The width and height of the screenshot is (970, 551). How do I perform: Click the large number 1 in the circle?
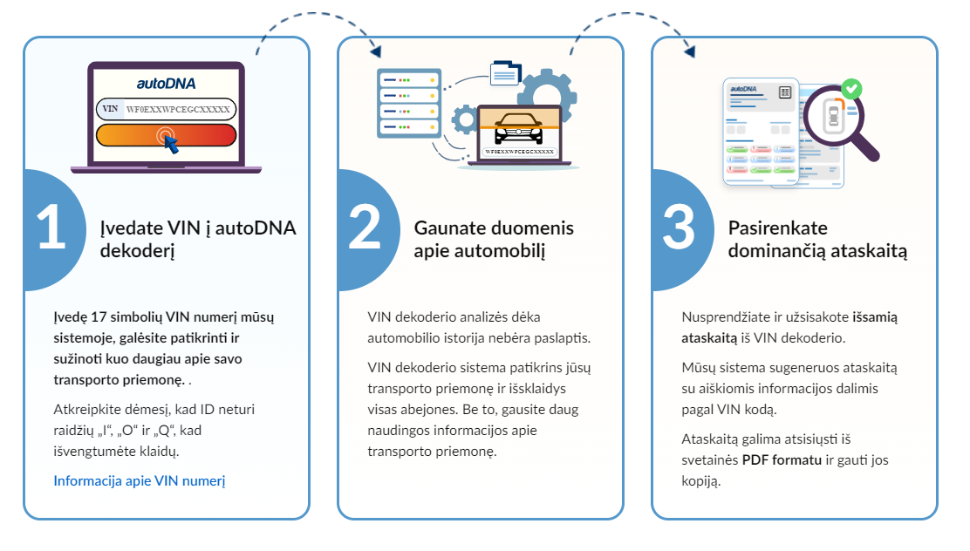point(51,228)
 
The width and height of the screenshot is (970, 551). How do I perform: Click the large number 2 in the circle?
point(365,228)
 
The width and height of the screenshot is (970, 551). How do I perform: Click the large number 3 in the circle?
point(679,228)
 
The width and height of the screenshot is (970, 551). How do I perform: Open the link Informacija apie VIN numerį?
point(140,480)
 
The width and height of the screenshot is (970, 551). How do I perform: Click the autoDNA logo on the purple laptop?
point(166,84)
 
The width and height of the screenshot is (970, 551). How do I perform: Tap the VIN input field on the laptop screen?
point(166,109)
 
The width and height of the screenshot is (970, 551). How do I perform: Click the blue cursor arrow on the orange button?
point(171,143)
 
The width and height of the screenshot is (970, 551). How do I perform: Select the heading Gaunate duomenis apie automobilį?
point(494,240)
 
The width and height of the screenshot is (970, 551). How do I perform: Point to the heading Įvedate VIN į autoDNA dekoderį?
point(197,240)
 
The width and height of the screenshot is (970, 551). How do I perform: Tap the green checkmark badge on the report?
point(852,88)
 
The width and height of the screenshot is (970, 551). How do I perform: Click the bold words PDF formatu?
point(782,459)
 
